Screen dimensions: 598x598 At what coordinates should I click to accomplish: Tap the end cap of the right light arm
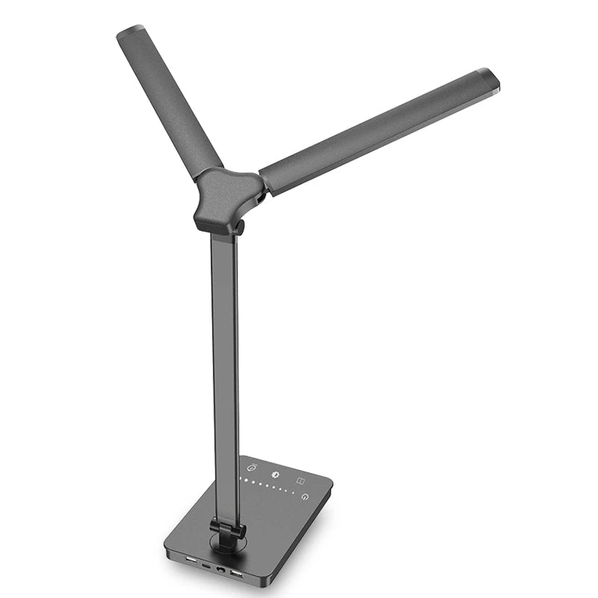pyautogui.click(x=487, y=78)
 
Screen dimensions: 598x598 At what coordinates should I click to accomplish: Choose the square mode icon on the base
pyautogui.click(x=300, y=480)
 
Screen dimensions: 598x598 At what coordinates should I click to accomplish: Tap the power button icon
pyautogui.click(x=304, y=496)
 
